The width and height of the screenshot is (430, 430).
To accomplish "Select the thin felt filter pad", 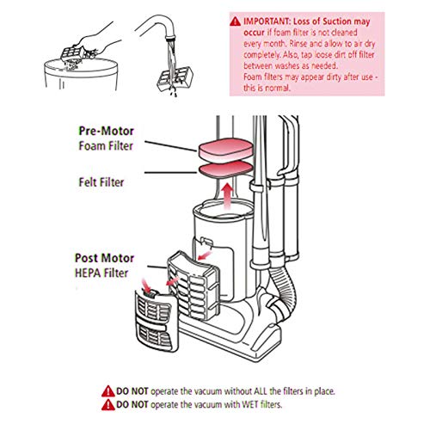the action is pyautogui.click(x=225, y=169).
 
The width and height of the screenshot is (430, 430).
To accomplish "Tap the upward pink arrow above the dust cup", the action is pyautogui.click(x=228, y=197).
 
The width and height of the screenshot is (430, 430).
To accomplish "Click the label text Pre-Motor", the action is pyautogui.click(x=107, y=131).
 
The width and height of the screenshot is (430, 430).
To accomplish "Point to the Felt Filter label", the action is pyautogui.click(x=101, y=182).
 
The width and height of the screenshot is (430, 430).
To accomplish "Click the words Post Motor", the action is pyautogui.click(x=104, y=258).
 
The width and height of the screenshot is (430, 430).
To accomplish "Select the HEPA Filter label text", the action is pyautogui.click(x=101, y=273).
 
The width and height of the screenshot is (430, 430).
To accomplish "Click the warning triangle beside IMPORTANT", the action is pyautogui.click(x=236, y=21).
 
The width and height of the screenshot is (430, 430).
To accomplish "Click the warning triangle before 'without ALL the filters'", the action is pyautogui.click(x=108, y=391).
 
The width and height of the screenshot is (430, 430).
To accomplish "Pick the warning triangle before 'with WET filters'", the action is pyautogui.click(x=108, y=405).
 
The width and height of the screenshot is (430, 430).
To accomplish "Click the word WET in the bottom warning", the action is pyautogui.click(x=250, y=404).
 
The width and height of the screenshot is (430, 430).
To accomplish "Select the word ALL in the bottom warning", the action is pyautogui.click(x=261, y=391).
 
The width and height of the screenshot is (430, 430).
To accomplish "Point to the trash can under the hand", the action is pyautogui.click(x=81, y=75).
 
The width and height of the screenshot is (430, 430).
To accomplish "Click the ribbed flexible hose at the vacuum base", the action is pyautogui.click(x=284, y=291).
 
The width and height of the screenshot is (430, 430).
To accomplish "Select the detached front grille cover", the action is pyautogui.click(x=157, y=321).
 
